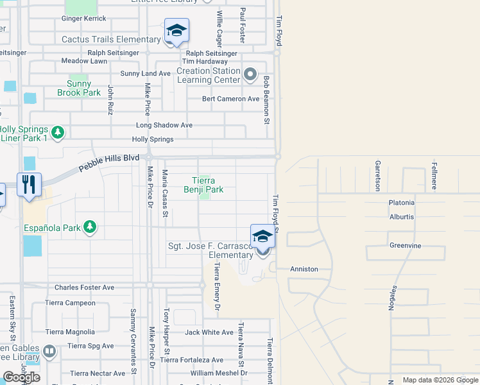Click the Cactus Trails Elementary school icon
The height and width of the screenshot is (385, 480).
pyautogui.click(x=176, y=30)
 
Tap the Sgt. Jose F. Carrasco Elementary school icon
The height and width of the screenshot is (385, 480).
pyautogui.click(x=262, y=237)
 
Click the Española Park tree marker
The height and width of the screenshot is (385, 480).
pyautogui.click(x=90, y=227)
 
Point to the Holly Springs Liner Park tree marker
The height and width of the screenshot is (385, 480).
pyautogui.click(x=58, y=133)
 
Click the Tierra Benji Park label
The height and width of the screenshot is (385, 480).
pyautogui.click(x=203, y=185)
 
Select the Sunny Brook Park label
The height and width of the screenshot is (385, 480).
pyautogui.click(x=84, y=88)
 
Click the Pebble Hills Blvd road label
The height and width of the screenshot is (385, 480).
pyautogui.click(x=109, y=162)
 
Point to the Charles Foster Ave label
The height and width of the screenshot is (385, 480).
pyautogui.click(x=84, y=287)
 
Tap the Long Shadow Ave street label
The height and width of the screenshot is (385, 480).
pyautogui.click(x=164, y=125)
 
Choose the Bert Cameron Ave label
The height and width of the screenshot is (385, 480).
pyautogui.click(x=230, y=99)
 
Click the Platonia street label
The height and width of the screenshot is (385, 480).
pyautogui.click(x=401, y=203)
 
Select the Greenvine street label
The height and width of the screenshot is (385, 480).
pyautogui.click(x=404, y=245)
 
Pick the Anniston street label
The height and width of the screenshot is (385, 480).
pyautogui.click(x=304, y=269)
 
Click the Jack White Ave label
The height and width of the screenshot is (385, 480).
pyautogui.click(x=209, y=332)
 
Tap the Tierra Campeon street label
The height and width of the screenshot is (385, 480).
pyautogui.click(x=70, y=302)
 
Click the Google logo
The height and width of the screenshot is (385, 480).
pyautogui.click(x=21, y=377)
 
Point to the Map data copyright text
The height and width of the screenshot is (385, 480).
pyautogui.click(x=440, y=380)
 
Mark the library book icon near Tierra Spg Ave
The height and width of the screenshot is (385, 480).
pyautogui.click(x=49, y=351)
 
